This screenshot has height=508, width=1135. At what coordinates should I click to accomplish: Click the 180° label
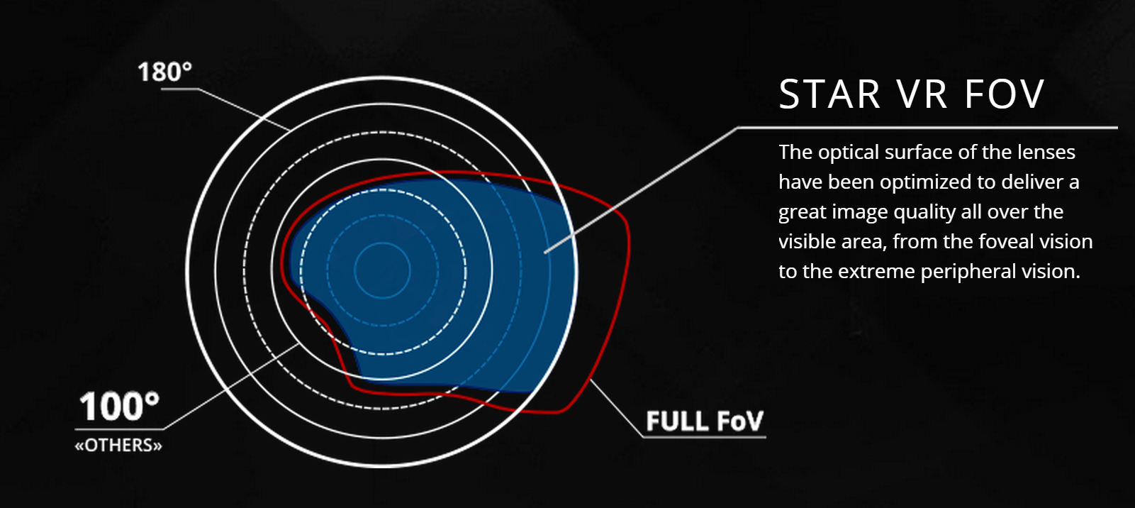(164, 72)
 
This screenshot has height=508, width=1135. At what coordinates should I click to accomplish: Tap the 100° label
(119, 407)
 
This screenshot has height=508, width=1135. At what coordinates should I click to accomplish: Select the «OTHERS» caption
(118, 445)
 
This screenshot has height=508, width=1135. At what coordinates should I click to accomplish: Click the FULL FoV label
(704, 421)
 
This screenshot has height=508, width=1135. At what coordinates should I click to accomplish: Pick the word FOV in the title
(1005, 94)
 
